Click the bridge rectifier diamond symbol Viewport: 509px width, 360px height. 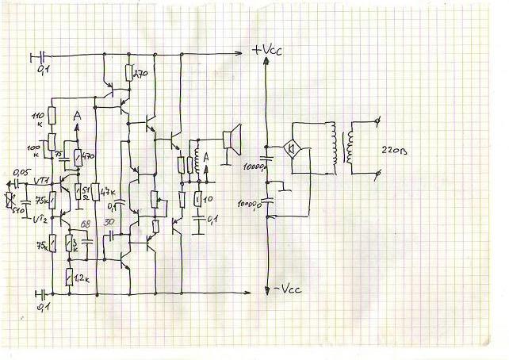(291, 147)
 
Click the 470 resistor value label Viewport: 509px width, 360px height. (87, 157)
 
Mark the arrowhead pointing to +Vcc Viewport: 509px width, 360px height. (240, 53)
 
